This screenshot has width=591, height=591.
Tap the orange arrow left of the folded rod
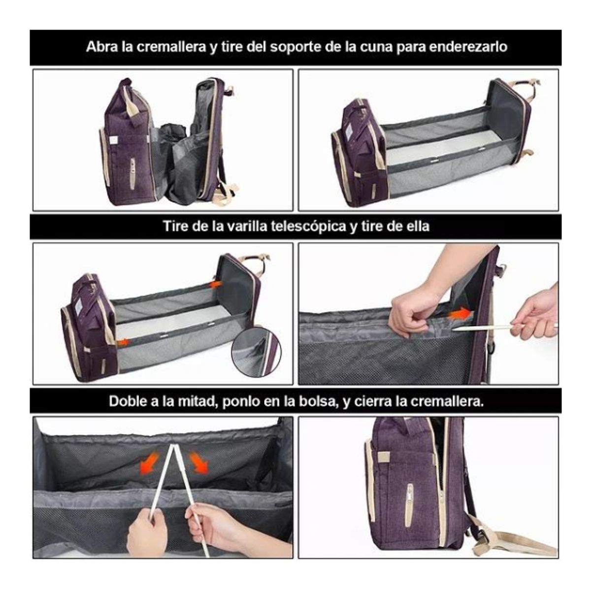[149, 464]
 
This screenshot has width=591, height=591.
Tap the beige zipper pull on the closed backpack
[409, 502]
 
